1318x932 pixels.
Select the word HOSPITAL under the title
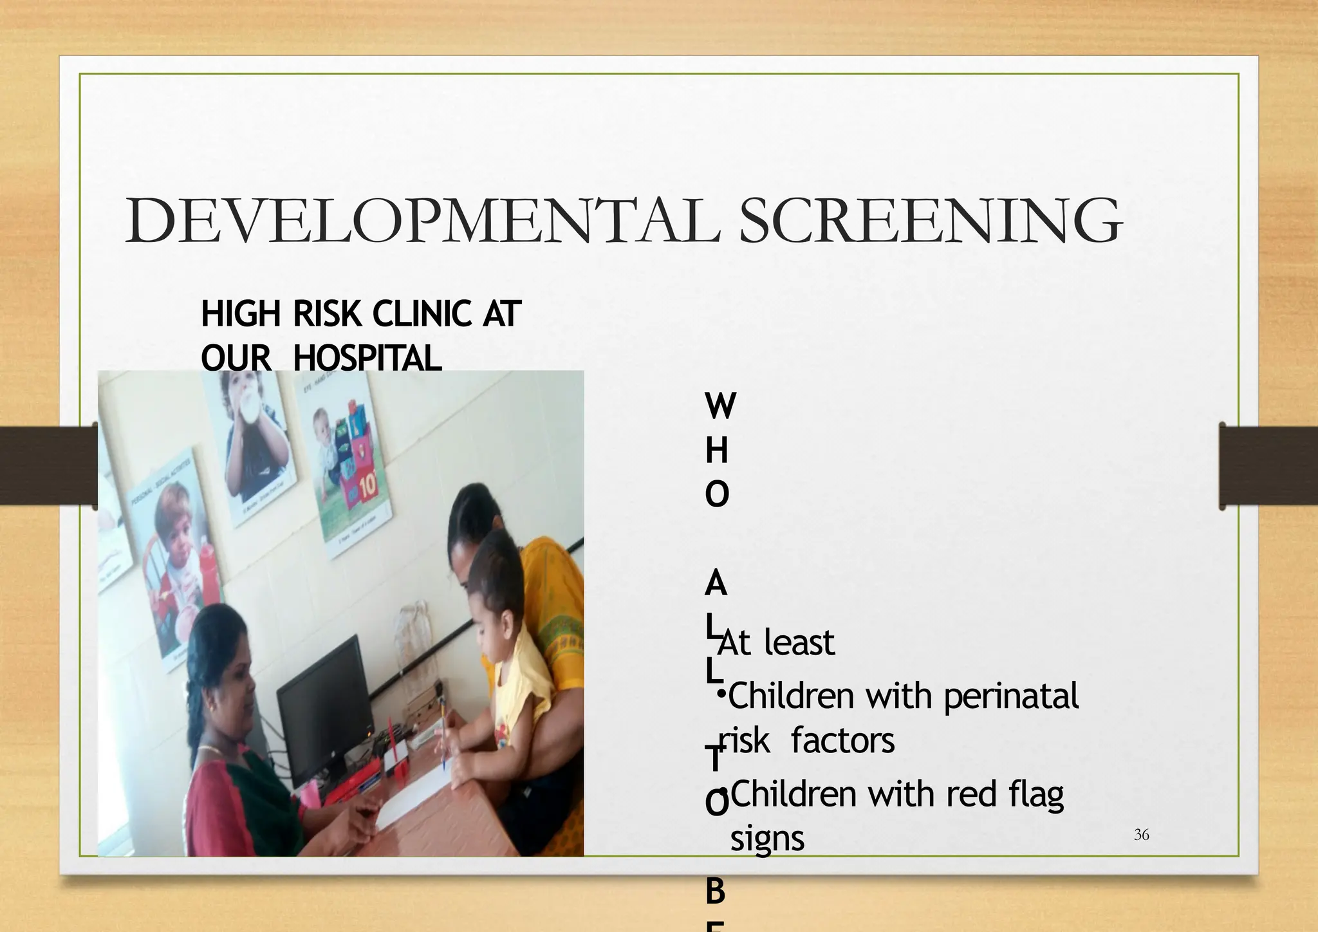tap(367, 358)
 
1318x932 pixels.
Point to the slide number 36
tap(1141, 835)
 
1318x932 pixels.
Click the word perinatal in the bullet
tap(1010, 696)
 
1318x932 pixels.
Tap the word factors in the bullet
tap(842, 741)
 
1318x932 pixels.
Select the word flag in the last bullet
tap(1036, 794)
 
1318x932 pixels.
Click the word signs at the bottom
tap(767, 839)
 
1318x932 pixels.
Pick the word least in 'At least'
tap(799, 642)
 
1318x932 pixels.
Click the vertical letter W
tap(720, 406)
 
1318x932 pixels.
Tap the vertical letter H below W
tap(716, 451)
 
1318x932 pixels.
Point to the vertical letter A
tap(716, 584)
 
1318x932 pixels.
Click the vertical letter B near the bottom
tap(716, 892)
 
